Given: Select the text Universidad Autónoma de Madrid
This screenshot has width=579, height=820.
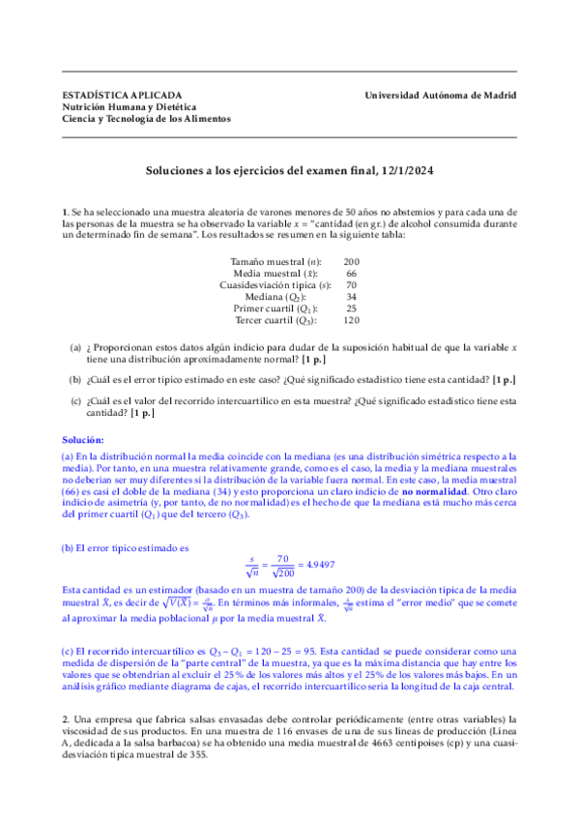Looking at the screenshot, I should tap(441, 95).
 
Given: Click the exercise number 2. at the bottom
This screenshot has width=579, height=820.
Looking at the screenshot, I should tap(65, 718).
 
